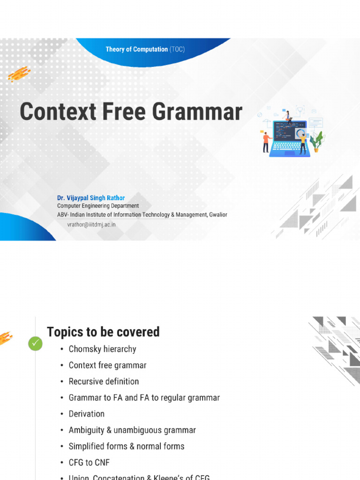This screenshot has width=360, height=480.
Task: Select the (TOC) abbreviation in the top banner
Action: point(177,49)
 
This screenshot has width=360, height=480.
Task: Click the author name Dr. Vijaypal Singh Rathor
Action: point(91,198)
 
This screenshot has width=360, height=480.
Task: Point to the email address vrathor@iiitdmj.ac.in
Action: point(91,225)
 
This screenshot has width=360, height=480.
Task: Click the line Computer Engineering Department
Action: point(98,206)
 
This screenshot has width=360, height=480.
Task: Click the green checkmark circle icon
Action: point(35,344)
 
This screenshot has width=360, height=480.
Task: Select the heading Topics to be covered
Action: point(103,332)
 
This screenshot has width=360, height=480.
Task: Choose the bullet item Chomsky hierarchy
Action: point(102,349)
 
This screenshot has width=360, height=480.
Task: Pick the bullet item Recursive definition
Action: point(104,382)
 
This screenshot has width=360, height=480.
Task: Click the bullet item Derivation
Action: point(86,414)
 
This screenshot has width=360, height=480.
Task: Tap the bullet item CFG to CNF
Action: point(89,463)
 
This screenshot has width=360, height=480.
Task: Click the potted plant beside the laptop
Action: point(317,141)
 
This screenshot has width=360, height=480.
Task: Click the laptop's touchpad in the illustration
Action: point(289,153)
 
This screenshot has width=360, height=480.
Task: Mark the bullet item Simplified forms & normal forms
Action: point(126,446)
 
